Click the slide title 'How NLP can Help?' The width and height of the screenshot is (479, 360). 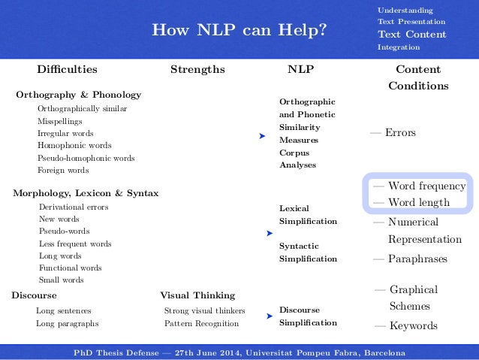tap(239, 31)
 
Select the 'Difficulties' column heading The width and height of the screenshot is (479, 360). tap(67, 70)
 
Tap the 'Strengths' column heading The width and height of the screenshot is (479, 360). tap(197, 70)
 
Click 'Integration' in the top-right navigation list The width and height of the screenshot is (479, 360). tap(398, 47)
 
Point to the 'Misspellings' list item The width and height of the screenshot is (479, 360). tap(60, 121)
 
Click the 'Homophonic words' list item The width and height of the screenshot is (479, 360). tap(74, 146)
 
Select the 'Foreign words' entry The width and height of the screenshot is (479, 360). tap(63, 171)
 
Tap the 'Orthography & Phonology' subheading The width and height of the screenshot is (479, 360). tap(79, 95)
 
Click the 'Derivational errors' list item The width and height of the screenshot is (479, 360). tap(74, 207)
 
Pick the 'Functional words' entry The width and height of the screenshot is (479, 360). tap(71, 268)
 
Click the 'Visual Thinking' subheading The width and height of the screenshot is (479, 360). tap(197, 295)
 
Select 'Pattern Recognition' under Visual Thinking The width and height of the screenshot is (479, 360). tap(201, 324)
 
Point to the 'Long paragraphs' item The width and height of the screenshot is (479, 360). tap(68, 324)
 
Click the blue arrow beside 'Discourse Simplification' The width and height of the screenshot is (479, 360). tap(269, 316)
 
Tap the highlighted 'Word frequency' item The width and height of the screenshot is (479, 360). tap(426, 186)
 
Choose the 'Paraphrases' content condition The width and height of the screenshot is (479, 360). tap(417, 259)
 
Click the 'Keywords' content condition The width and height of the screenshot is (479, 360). tap(412, 326)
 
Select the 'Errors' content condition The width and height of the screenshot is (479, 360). tap(399, 133)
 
